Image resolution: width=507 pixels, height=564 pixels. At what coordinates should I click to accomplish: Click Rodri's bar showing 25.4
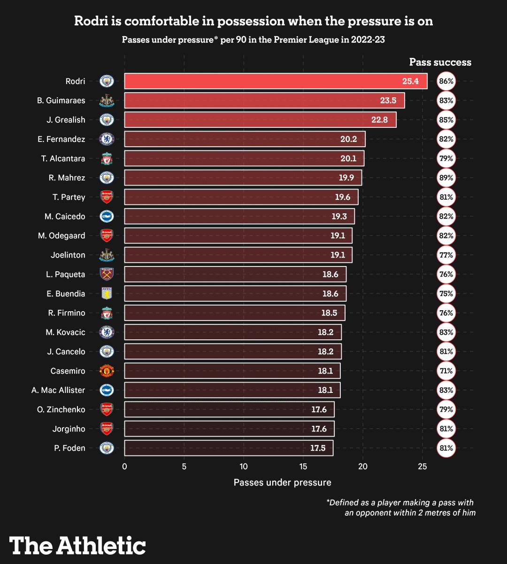pyautogui.click(x=276, y=81)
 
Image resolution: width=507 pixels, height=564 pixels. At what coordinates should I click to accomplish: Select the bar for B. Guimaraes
pyautogui.click(x=264, y=101)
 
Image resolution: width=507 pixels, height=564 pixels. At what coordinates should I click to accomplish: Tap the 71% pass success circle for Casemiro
pyautogui.click(x=446, y=371)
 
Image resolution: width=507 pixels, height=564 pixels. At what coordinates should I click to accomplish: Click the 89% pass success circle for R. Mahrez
pyautogui.click(x=446, y=178)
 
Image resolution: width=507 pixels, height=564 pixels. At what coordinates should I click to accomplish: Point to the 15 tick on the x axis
pyautogui.click(x=303, y=467)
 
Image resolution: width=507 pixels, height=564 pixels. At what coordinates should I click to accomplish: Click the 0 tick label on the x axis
pyautogui.click(x=124, y=467)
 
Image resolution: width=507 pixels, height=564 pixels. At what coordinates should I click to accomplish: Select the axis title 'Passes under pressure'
pyautogui.click(x=282, y=483)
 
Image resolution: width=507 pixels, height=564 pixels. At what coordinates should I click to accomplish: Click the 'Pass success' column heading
pyautogui.click(x=440, y=62)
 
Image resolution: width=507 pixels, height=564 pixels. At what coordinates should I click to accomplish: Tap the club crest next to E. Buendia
pyautogui.click(x=107, y=294)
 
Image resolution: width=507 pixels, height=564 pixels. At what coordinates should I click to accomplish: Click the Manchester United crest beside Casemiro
pyautogui.click(x=107, y=371)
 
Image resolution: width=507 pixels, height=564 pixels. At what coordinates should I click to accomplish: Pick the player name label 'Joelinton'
pyautogui.click(x=68, y=255)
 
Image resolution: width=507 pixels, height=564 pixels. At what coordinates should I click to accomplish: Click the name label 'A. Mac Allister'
pyautogui.click(x=58, y=390)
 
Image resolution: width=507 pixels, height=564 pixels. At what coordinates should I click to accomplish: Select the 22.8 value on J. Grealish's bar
pyautogui.click(x=379, y=120)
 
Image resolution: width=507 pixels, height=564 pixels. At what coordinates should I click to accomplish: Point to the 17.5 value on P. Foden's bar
pyautogui.click(x=318, y=448)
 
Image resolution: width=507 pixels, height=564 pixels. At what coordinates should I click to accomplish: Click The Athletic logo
pyautogui.click(x=77, y=546)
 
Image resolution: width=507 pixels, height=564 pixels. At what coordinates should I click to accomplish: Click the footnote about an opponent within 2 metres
pyautogui.click(x=401, y=508)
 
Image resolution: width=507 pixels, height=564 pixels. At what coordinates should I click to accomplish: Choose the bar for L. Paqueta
pyautogui.click(x=235, y=274)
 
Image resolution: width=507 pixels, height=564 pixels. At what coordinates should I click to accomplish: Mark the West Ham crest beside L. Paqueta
pyautogui.click(x=107, y=274)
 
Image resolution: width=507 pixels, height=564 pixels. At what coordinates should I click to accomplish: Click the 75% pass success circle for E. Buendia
pyautogui.click(x=446, y=294)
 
